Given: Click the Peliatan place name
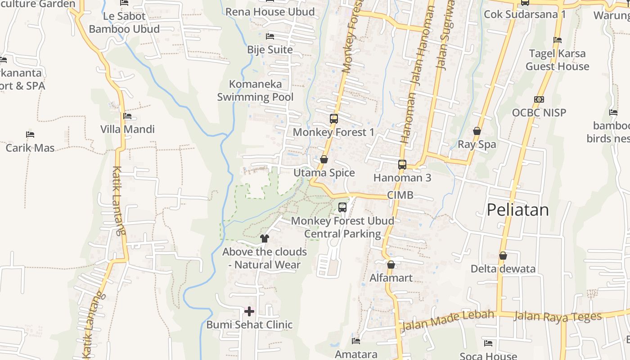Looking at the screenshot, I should click(x=518, y=210).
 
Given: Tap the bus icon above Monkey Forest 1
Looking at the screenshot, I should click(x=333, y=119).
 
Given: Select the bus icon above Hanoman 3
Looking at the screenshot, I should click(x=402, y=165).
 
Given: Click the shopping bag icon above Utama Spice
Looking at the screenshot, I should click(x=324, y=159).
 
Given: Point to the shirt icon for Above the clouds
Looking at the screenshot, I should click(x=264, y=238).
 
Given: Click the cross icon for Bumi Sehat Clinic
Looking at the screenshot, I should click(x=249, y=311).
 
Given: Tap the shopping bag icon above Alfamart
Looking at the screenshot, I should click(x=391, y=265).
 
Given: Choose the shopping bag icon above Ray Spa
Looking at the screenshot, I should click(x=477, y=131).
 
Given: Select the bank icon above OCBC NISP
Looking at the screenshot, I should click(x=539, y=99).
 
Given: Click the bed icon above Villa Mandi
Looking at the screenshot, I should click(x=127, y=116).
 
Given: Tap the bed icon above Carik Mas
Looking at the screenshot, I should click(x=30, y=135).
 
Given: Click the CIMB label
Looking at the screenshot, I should click(x=400, y=196).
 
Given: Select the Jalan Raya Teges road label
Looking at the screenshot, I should click(x=558, y=316).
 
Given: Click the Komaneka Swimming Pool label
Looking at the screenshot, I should click(x=255, y=90).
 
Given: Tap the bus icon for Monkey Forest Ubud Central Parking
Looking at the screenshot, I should click(x=342, y=207).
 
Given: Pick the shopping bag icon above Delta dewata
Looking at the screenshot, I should click(x=503, y=256).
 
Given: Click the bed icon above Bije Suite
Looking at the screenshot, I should click(x=270, y=36).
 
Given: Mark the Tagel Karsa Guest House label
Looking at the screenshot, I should click(x=558, y=60).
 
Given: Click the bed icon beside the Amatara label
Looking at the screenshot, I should click(x=356, y=341).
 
